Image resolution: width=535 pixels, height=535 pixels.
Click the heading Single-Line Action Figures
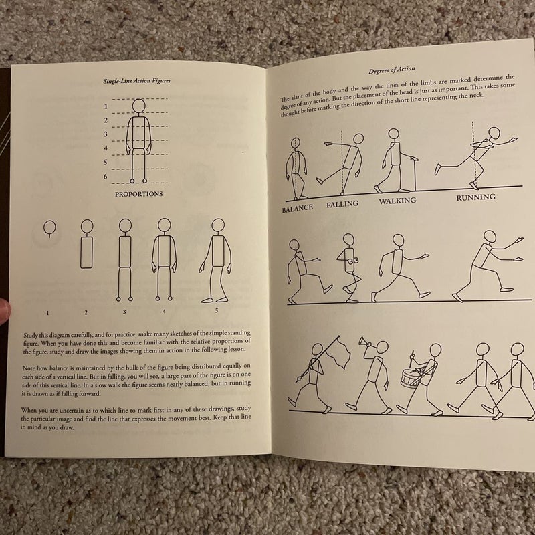[137, 80]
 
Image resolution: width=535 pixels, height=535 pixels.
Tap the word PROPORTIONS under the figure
[139, 194]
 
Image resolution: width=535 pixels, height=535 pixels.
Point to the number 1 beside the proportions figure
[105, 106]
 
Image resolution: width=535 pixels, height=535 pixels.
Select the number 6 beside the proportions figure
[105, 177]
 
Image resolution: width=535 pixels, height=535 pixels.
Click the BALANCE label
[297, 209]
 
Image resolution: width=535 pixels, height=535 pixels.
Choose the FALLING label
[343, 204]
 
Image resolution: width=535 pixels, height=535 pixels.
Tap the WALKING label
[397, 201]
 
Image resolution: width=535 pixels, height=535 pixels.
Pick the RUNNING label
[475, 197]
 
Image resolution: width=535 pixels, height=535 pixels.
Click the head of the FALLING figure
[358, 139]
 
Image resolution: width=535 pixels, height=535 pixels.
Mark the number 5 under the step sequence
[217, 310]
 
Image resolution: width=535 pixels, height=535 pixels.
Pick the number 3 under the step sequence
[124, 312]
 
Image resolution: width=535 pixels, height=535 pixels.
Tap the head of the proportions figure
[138, 106]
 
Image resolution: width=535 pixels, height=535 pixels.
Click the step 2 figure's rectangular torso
[86, 253]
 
